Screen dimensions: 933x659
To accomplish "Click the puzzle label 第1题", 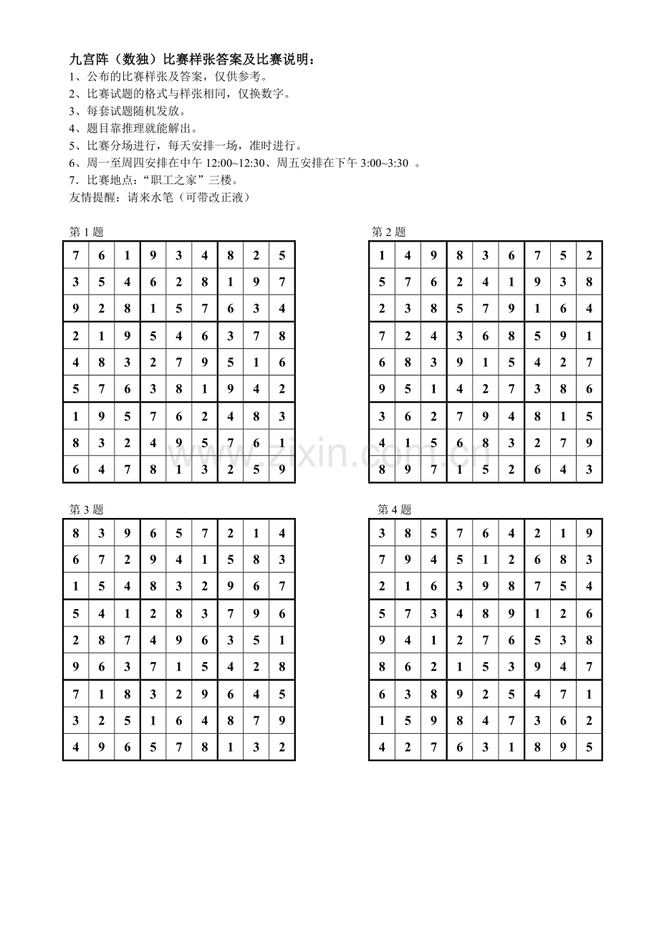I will point(86,231).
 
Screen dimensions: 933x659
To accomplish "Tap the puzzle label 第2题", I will point(389,231).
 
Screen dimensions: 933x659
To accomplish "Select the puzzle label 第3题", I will point(86,509).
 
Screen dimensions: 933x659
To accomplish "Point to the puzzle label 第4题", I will point(395,509).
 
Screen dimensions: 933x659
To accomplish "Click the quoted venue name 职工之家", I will point(168,180).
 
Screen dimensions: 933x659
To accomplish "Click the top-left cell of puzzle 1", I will point(76,254).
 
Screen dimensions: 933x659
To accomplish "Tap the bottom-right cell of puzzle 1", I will point(282,469).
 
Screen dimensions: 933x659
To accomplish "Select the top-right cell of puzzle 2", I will point(589,254).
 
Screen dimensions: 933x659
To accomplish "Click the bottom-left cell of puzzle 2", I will point(383,469).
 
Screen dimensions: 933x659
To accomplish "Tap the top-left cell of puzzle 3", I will point(76,532).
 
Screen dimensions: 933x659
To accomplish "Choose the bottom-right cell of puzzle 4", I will point(589,747).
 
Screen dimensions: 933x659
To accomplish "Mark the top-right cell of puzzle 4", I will point(589,532).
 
